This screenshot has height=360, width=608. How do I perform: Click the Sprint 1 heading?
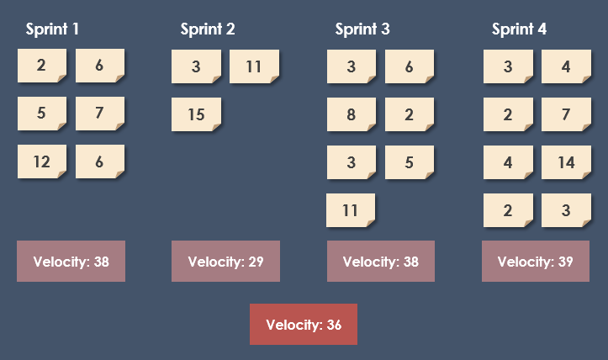[x=52, y=29]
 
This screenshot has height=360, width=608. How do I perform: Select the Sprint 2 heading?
[x=208, y=29]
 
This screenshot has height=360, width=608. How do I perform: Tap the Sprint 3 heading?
[x=362, y=29]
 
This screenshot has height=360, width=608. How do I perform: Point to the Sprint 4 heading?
[x=519, y=29]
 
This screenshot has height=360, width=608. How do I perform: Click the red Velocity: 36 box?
[x=304, y=325]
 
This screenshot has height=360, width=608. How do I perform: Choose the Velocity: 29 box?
[x=225, y=262]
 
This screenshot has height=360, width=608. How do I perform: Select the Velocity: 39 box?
[x=535, y=262]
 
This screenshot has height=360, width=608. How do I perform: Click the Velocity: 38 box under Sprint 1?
[x=71, y=262]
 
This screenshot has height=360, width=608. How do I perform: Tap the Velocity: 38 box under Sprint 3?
[x=381, y=262]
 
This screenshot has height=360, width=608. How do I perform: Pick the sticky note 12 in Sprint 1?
[x=42, y=162]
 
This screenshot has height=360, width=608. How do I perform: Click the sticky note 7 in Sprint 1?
[x=100, y=114]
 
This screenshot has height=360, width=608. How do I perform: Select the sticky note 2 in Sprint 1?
[x=42, y=66]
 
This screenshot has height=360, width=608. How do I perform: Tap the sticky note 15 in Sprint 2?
[x=196, y=114]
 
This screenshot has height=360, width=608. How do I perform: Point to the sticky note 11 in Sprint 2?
[x=254, y=66]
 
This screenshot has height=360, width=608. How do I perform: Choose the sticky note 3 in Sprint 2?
[x=196, y=66]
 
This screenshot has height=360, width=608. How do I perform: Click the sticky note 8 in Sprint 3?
[x=352, y=114]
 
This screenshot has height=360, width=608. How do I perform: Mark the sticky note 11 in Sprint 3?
[x=351, y=210]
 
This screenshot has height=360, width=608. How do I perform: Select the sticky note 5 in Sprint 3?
[x=410, y=162]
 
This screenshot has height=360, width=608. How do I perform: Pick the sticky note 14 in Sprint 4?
[x=566, y=162]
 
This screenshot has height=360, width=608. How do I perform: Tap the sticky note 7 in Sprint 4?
[x=566, y=114]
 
